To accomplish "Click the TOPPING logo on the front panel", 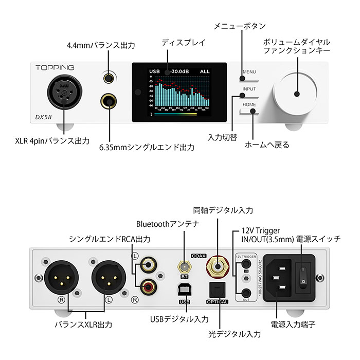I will [x=55, y=67].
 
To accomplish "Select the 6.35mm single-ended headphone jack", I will [x=109, y=100].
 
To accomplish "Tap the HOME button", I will [x=249, y=105].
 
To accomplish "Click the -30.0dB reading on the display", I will [x=182, y=71].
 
